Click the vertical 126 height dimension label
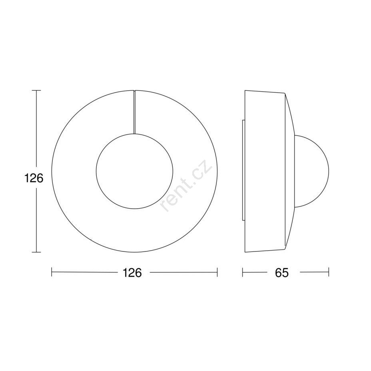34,178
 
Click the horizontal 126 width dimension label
132,273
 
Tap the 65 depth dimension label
282,273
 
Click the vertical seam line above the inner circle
134,112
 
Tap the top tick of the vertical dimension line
36,90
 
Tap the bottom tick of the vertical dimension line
36,252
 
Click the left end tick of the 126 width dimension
52,272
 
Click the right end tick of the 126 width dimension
217,272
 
